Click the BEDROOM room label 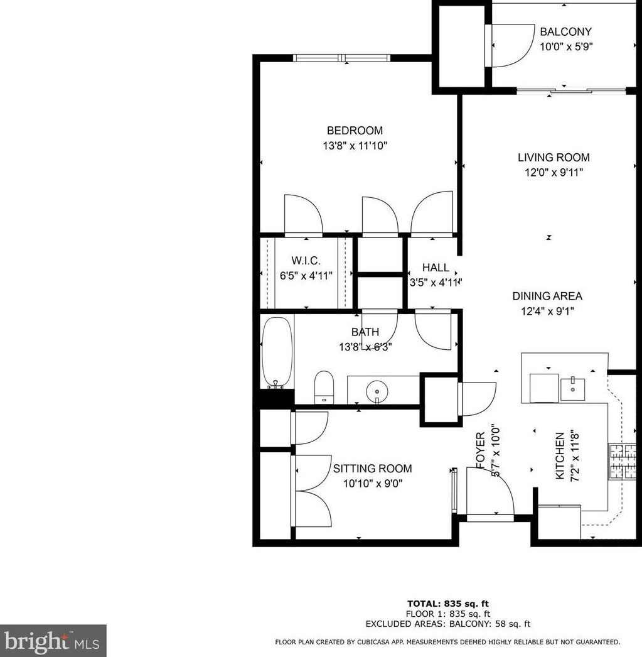(x=355, y=131)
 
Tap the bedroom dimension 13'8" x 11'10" (x=355, y=146)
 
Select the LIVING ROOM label (x=554, y=158)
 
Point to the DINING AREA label (x=547, y=296)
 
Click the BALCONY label (x=565, y=31)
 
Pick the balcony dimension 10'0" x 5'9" (x=565, y=46)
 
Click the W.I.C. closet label (x=306, y=260)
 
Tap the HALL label (x=436, y=268)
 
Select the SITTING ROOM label (x=372, y=469)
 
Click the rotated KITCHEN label (x=560, y=455)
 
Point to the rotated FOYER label (x=481, y=450)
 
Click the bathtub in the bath (x=276, y=352)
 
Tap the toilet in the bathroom (x=323, y=386)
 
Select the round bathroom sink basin (x=377, y=391)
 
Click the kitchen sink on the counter (x=572, y=389)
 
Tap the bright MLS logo (x=53, y=641)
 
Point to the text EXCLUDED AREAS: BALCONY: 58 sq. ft (x=448, y=624)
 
